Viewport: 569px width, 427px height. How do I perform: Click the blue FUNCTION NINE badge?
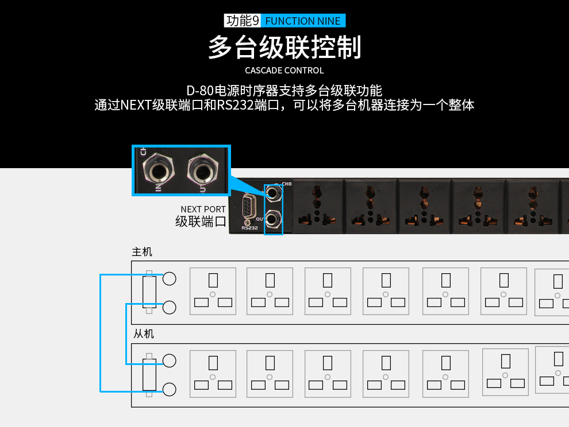click(303, 21)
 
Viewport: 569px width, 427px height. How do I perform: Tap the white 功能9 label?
click(243, 21)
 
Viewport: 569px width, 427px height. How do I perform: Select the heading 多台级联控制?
click(284, 48)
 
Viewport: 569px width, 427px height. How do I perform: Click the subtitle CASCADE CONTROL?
click(284, 71)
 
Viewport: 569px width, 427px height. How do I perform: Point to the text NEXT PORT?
click(203, 209)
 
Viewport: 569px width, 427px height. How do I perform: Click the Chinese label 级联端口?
click(201, 222)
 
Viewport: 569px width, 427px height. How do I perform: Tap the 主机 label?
click(142, 252)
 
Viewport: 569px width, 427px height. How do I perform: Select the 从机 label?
click(144, 334)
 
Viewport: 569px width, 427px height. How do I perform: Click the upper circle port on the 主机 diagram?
click(169, 279)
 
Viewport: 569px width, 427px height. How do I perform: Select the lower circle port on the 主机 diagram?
click(169, 308)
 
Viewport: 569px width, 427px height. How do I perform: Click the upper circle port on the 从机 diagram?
click(169, 361)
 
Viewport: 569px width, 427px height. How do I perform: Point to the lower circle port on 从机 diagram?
click(169, 390)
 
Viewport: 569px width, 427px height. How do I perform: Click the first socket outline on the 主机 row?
click(213, 291)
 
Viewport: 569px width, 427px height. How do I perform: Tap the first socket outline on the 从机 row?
click(213, 374)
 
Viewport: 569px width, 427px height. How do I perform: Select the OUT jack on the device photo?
click(274, 218)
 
